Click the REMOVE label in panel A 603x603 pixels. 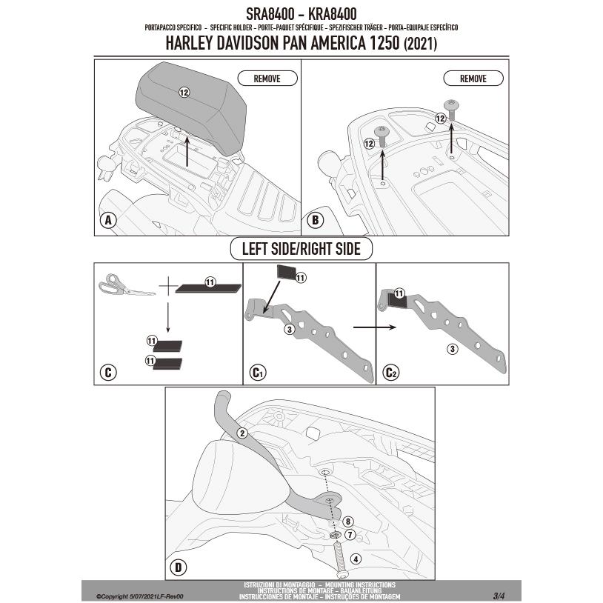click(267, 78)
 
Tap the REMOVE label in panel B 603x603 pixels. click(473, 78)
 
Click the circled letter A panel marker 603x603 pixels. click(108, 220)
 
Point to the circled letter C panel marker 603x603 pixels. click(108, 371)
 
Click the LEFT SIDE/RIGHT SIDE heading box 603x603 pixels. click(301, 249)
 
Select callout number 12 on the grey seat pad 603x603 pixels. click(184, 92)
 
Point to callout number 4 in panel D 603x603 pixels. click(356, 559)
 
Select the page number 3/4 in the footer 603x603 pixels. click(499, 595)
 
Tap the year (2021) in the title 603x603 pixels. click(419, 44)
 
